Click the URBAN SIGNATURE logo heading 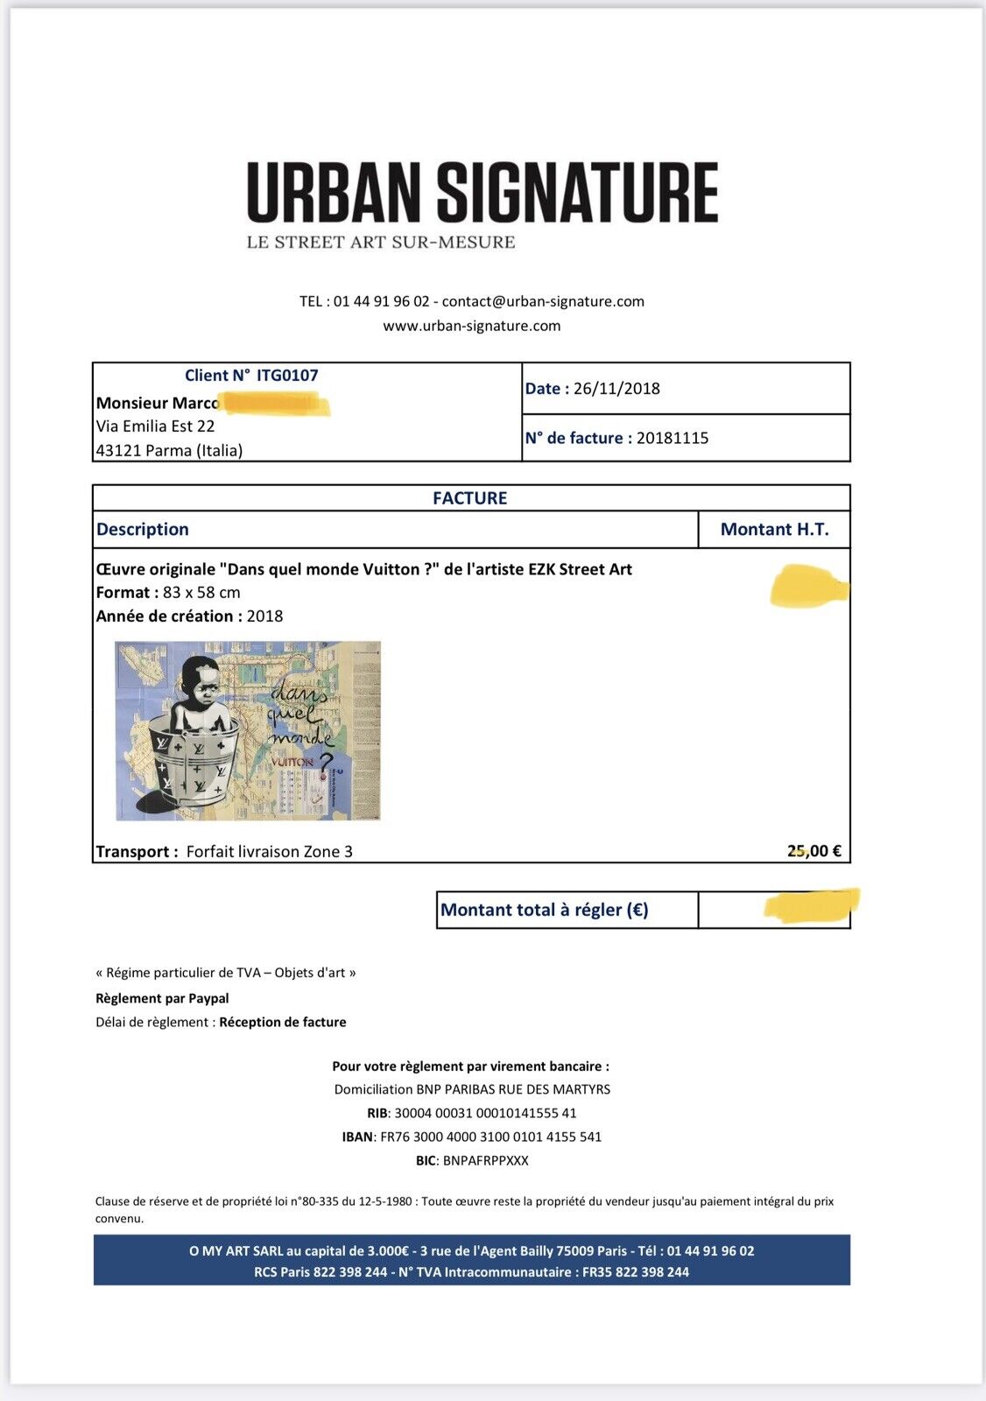482,191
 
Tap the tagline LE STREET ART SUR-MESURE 381,243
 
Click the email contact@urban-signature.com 543,301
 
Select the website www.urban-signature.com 471,326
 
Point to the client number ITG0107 287,376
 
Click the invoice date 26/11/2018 616,389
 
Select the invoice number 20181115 673,438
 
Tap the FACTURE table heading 470,498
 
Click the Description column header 143,529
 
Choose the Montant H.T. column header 774,529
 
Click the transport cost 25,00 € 814,851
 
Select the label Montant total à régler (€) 544,910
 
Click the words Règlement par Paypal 162,998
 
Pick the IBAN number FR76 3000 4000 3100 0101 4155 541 489,1137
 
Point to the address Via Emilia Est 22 155,426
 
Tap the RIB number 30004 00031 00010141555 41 485,1113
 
